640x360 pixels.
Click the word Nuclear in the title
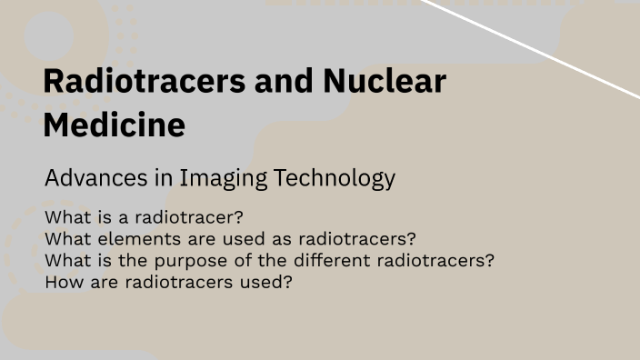[385, 82]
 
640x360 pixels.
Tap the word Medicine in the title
[114, 125]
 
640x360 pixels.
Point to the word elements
[130, 239]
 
